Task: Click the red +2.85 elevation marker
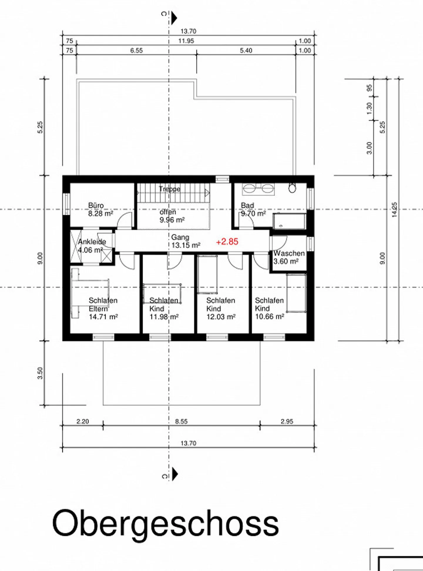(227, 242)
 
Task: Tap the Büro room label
(96, 205)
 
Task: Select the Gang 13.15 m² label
(185, 241)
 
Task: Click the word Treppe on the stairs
(169, 189)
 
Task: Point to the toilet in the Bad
(292, 188)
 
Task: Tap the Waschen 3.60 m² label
(289, 257)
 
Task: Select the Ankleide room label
(92, 242)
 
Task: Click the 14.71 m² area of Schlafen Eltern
(103, 317)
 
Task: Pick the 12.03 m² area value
(221, 317)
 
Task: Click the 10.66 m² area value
(269, 317)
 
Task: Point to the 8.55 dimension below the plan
(181, 421)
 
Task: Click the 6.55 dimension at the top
(136, 51)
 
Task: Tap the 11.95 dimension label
(186, 41)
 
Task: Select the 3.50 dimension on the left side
(40, 373)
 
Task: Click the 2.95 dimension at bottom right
(287, 421)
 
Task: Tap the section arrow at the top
(174, 18)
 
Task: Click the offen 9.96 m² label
(172, 216)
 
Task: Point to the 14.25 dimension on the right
(395, 210)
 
